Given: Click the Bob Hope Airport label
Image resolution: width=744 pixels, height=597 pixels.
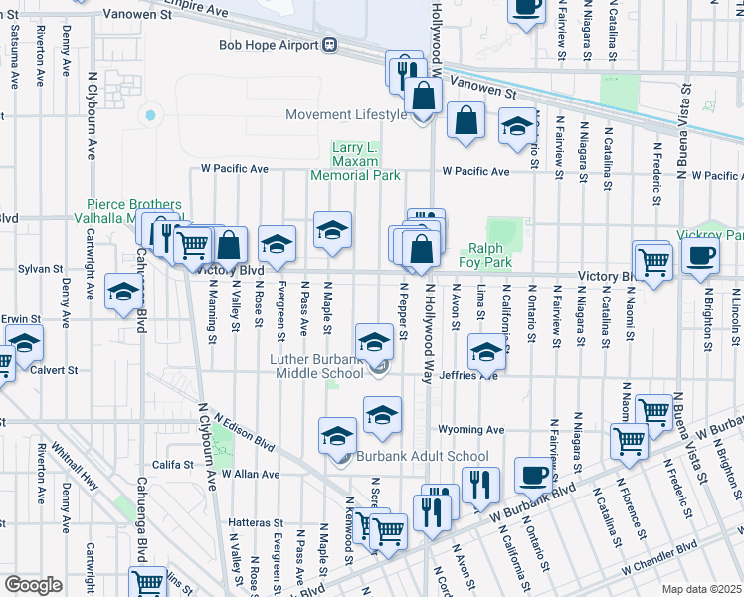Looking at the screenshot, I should coord(268,45).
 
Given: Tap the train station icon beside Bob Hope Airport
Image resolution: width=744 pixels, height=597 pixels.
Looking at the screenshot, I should coord(329,45).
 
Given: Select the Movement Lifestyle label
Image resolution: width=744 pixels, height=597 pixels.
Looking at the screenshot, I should coord(345,114).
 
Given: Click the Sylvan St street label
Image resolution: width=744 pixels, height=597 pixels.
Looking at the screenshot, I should coord(41,269).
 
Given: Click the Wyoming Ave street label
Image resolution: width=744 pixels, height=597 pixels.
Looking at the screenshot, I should coord(471,430).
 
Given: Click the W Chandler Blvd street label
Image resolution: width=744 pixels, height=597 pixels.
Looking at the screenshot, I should coord(658,556).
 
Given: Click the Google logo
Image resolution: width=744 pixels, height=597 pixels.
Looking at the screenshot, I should coord(32,585).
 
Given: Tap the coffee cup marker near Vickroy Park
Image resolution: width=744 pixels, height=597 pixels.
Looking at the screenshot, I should coord(699,255).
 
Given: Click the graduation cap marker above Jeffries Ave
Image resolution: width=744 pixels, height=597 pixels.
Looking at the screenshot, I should coord(486,351).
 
